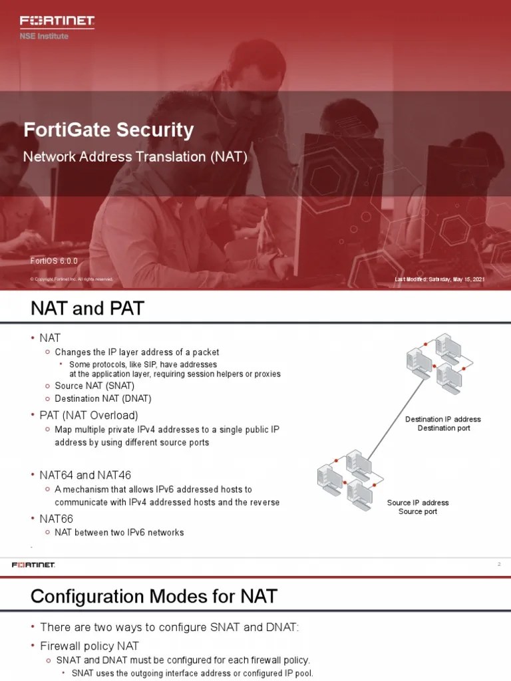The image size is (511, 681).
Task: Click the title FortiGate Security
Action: tap(108, 130)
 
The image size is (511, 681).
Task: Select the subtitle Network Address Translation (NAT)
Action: tap(135, 158)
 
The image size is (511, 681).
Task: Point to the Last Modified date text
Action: tap(439, 279)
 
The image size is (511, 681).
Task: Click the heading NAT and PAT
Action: tap(87, 309)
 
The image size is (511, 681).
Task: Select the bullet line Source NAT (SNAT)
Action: tap(94, 386)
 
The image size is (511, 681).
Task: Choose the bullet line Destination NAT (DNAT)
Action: tap(103, 398)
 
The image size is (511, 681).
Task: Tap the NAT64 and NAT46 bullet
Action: tap(85, 475)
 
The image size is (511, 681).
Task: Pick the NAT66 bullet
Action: tap(56, 517)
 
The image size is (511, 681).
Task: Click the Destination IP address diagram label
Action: tap(443, 420)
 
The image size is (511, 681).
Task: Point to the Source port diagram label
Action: tap(418, 511)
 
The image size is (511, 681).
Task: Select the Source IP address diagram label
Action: tap(418, 503)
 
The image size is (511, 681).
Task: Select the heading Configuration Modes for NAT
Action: tap(154, 597)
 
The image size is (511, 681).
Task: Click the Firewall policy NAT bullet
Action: tap(89, 645)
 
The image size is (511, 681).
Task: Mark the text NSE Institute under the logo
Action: tap(44, 36)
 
